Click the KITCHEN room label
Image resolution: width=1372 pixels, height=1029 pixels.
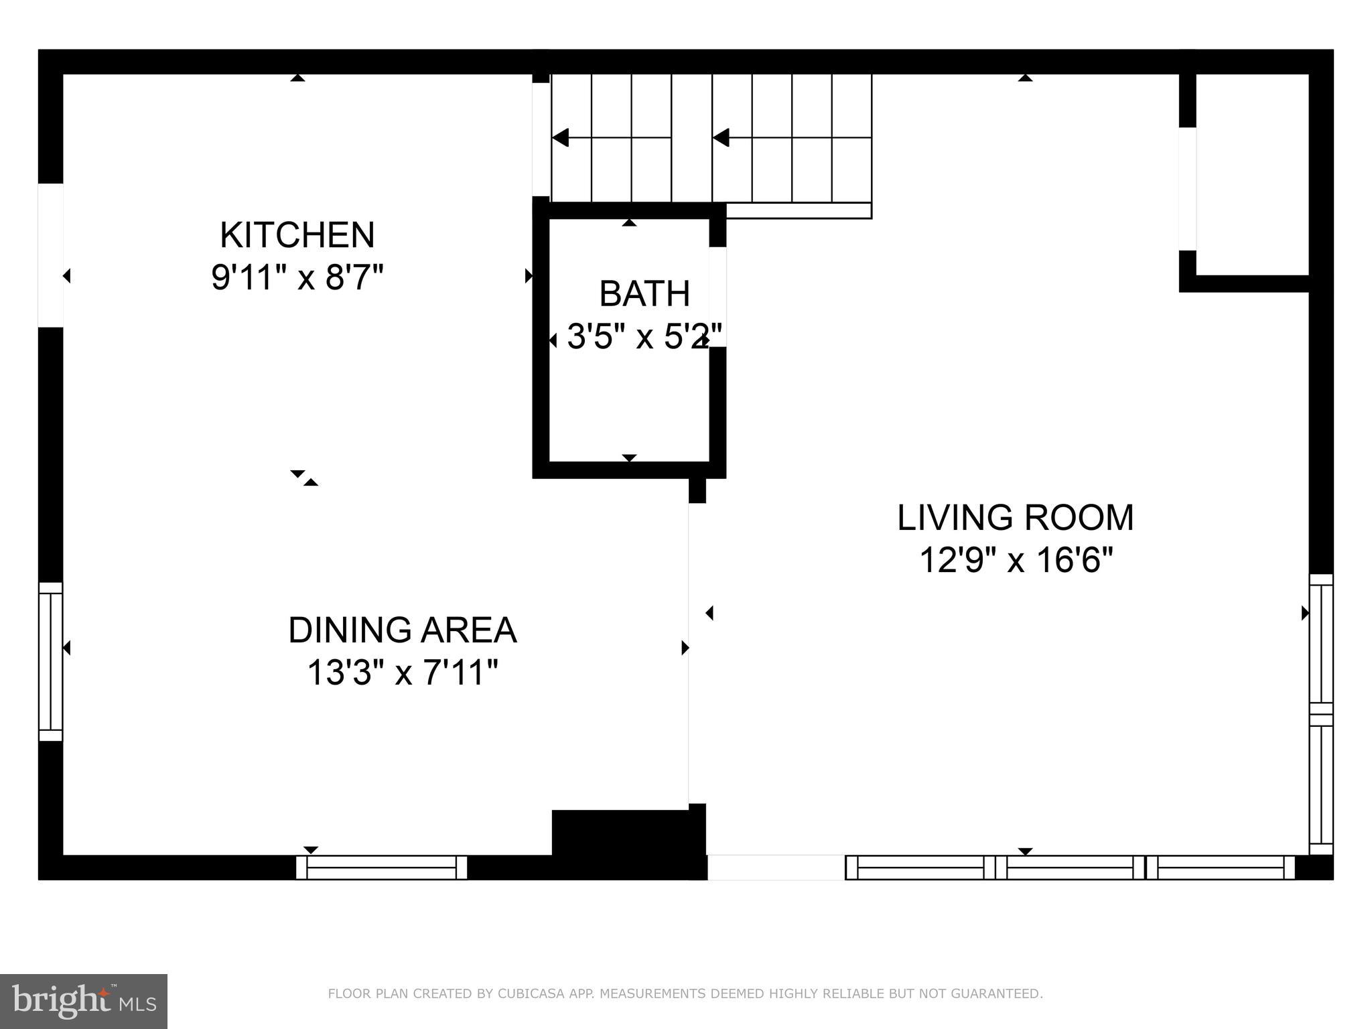point(297,235)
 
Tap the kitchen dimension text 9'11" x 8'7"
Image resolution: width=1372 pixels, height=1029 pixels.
point(297,277)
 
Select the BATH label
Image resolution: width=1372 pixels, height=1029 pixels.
point(644,293)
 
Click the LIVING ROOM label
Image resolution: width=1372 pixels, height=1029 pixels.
point(1015,518)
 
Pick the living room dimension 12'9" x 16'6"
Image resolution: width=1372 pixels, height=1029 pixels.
point(1015,560)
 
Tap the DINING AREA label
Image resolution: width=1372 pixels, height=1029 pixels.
point(402,630)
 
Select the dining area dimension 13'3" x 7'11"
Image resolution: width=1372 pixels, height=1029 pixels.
point(402,673)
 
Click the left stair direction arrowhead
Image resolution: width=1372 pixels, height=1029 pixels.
point(560,137)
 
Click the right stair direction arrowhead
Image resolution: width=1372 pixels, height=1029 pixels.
point(721,137)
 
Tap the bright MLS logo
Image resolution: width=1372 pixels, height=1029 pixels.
point(84,1001)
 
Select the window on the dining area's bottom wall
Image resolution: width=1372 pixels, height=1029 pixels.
point(381,867)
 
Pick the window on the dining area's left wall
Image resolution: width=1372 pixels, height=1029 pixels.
point(50,661)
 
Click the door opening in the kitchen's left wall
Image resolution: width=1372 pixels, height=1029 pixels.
point(50,255)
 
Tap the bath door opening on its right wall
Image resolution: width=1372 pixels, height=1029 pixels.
point(717,296)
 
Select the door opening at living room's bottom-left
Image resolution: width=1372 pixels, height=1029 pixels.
point(776,867)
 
